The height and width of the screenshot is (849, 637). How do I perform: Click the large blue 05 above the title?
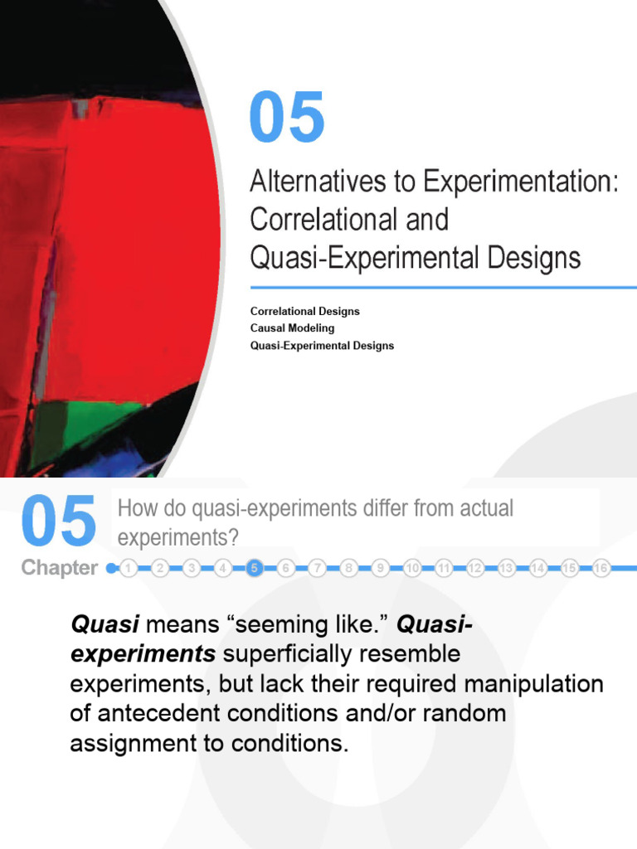pyautogui.click(x=287, y=118)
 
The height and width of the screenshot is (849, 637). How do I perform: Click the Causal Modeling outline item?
pyautogui.click(x=292, y=328)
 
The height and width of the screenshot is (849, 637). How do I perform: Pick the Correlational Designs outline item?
pyautogui.click(x=304, y=312)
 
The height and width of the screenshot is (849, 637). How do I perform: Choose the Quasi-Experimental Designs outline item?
pyautogui.click(x=322, y=345)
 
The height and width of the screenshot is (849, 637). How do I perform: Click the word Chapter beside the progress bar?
pyautogui.click(x=59, y=568)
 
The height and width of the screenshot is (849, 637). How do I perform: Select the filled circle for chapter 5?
pyautogui.click(x=255, y=568)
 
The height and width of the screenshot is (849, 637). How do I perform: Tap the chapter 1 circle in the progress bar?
pyautogui.click(x=129, y=568)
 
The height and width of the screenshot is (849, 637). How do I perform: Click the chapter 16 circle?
pyautogui.click(x=601, y=568)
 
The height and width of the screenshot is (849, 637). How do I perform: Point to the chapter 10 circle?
pyautogui.click(x=412, y=568)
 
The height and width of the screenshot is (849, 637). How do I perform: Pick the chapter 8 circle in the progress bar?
pyautogui.click(x=349, y=568)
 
